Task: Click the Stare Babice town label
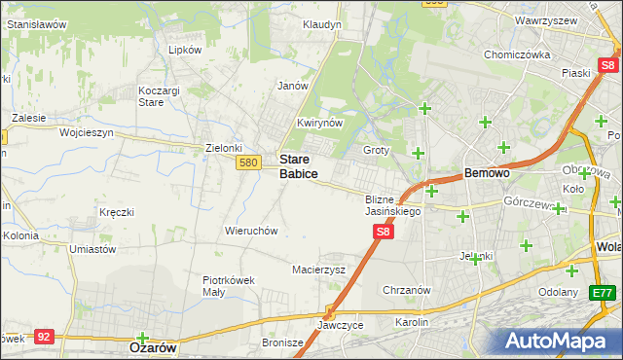299,165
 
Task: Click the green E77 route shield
605,292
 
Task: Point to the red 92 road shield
43,336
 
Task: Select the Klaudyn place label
321,24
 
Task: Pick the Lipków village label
185,50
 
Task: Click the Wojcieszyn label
87,132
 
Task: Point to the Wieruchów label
252,232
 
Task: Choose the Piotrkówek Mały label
228,285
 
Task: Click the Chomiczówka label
518,55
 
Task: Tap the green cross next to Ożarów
143,338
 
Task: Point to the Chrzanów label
407,290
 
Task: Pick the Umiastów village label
92,249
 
